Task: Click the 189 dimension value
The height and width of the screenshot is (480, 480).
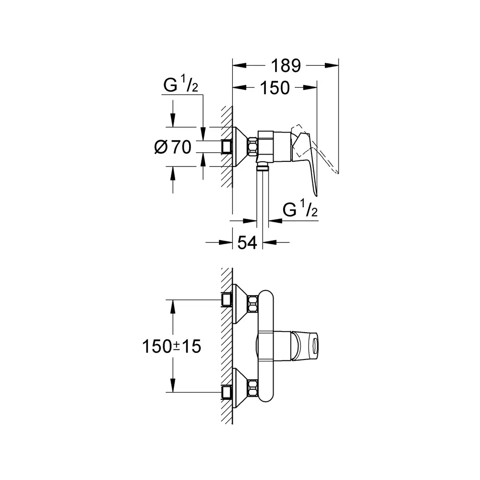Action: [286, 65]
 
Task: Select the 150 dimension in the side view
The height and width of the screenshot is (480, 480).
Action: [275, 88]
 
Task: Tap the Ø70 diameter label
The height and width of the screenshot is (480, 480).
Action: [173, 147]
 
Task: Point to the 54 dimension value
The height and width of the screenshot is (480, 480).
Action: [247, 243]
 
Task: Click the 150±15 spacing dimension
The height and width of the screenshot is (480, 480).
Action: [171, 347]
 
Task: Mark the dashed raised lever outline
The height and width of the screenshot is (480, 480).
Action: [315, 147]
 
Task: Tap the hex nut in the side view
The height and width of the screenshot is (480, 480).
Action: [253, 147]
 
